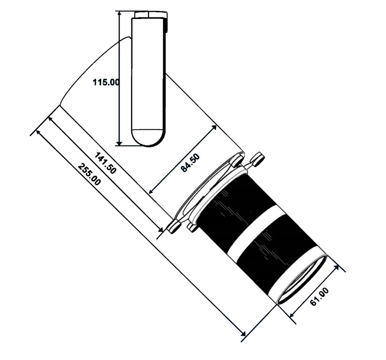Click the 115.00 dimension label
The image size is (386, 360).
coord(105,82)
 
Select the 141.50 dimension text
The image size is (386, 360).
coord(105,163)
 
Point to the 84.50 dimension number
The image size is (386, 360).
coord(192,162)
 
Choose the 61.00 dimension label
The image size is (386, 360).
coord(320,297)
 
